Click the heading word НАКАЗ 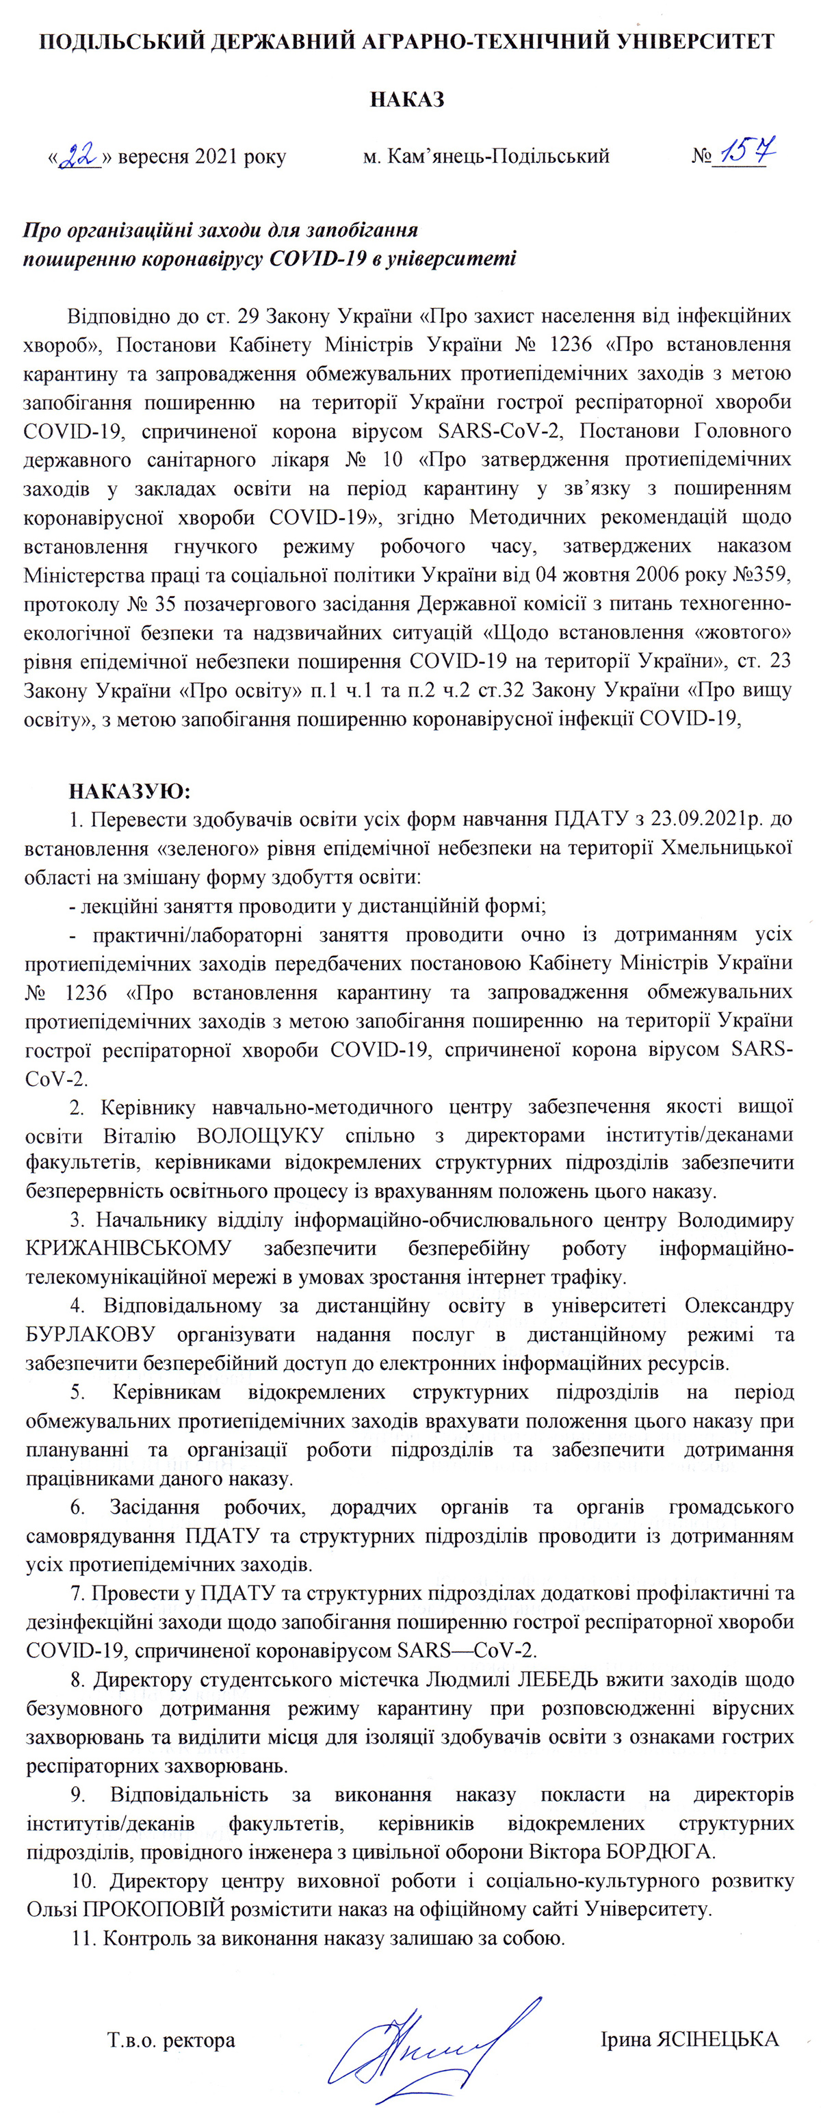407,101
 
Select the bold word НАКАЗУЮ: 129,792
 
